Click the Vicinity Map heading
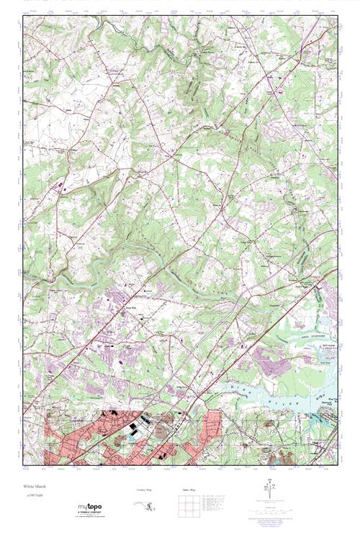point(145,490)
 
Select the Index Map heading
point(188,490)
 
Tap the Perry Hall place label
point(131,308)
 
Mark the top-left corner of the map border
point(23,17)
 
